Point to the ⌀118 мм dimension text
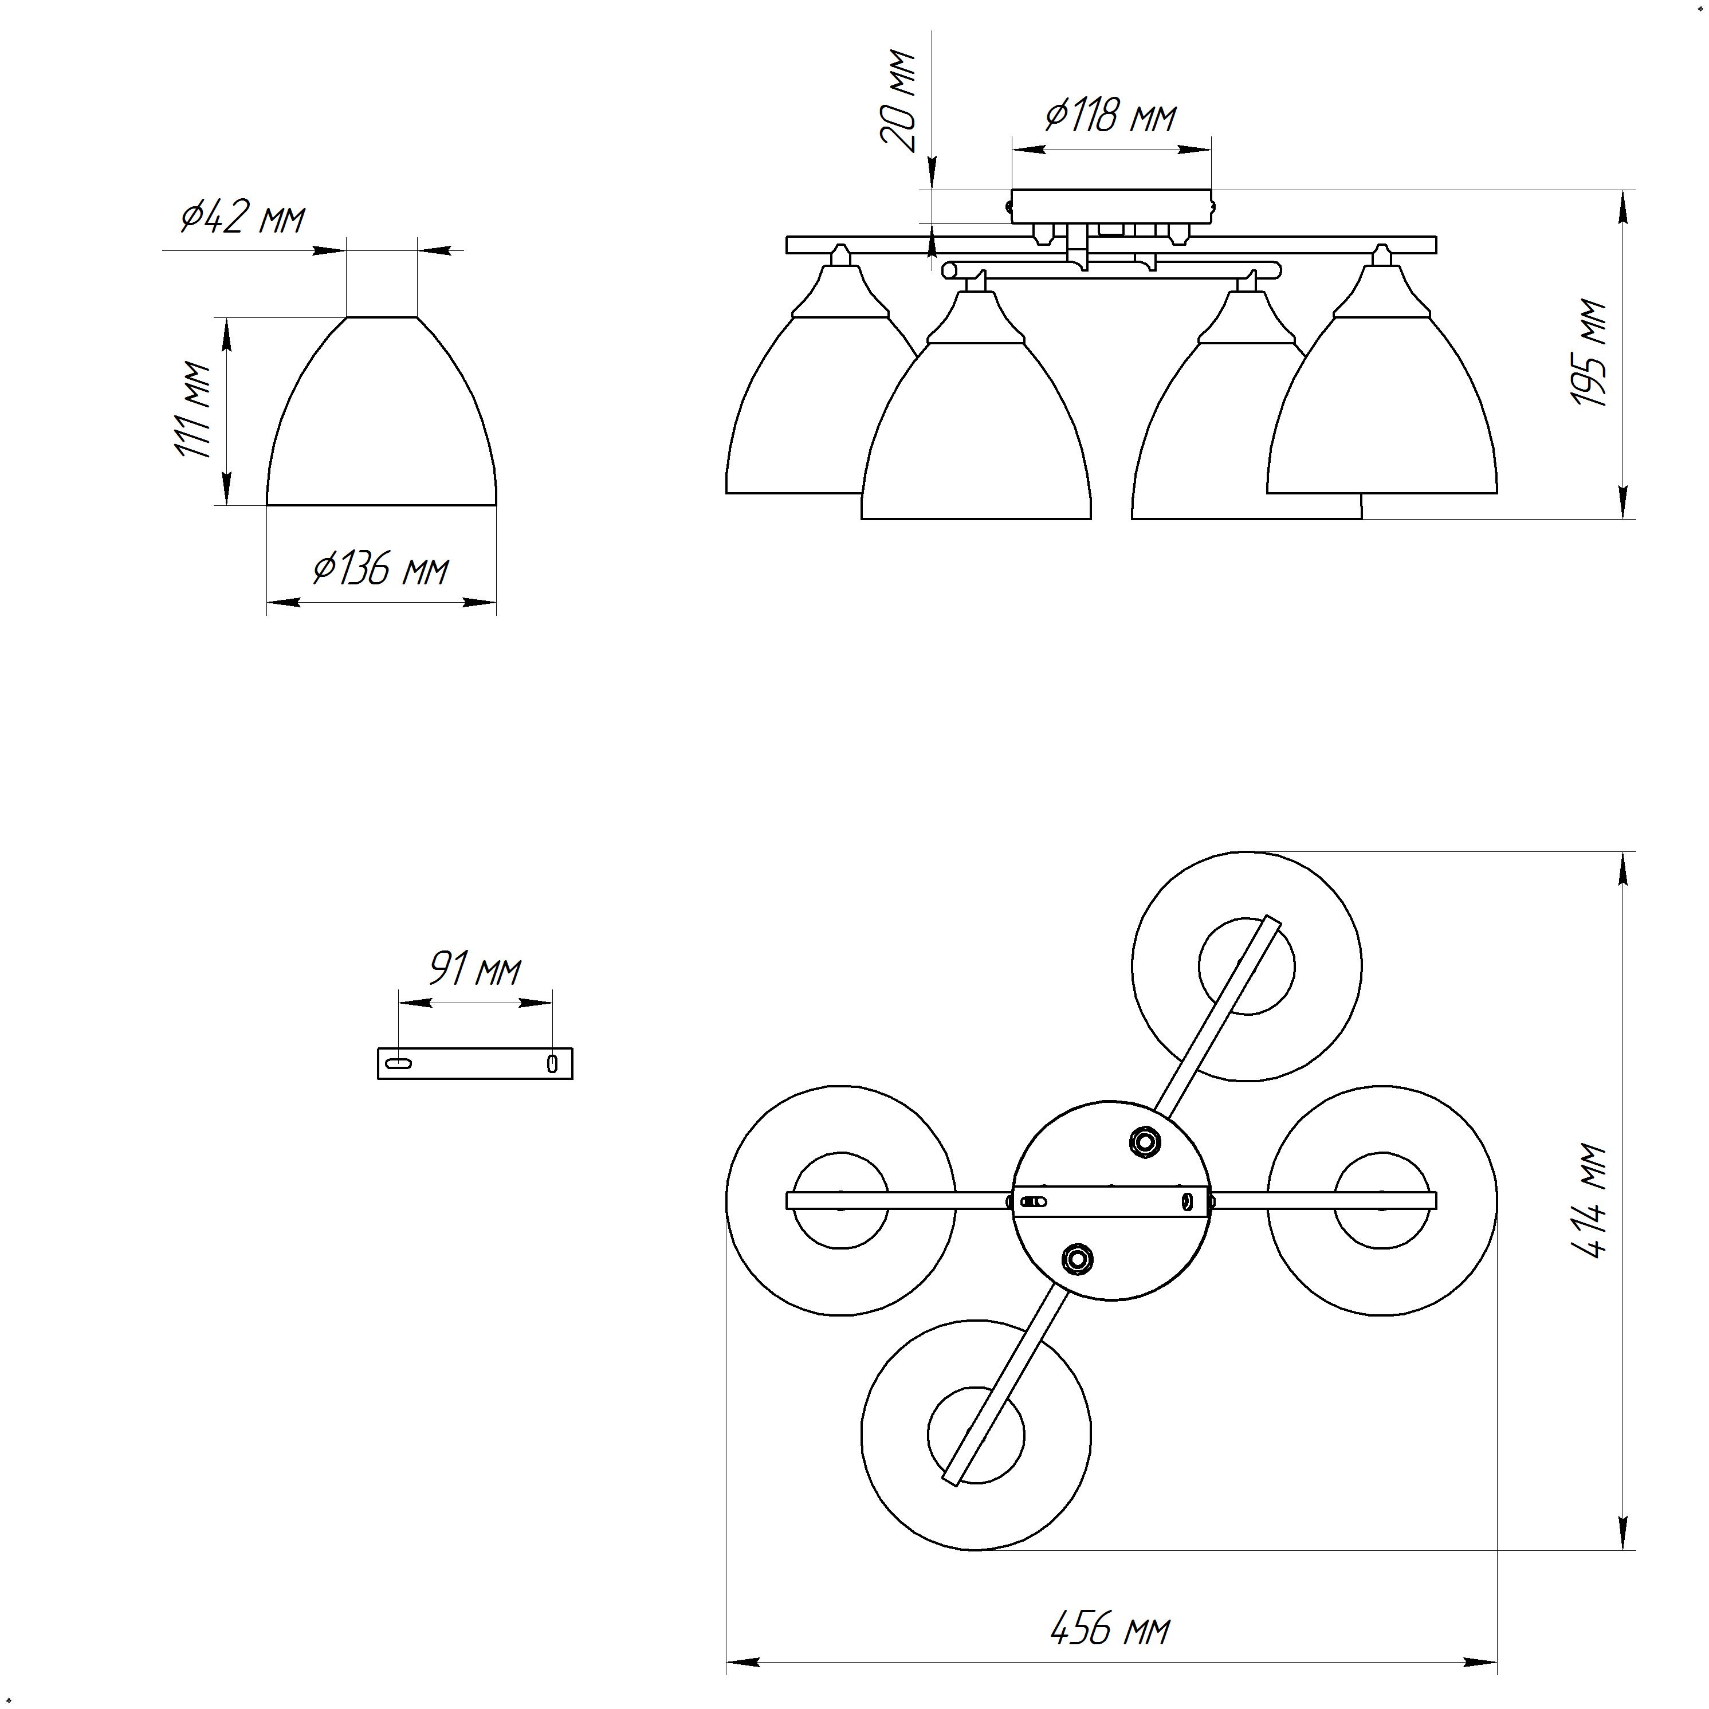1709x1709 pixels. (1111, 116)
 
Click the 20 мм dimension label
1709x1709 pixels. (899, 102)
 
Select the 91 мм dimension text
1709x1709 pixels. (475, 969)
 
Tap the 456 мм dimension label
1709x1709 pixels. (1111, 1628)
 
